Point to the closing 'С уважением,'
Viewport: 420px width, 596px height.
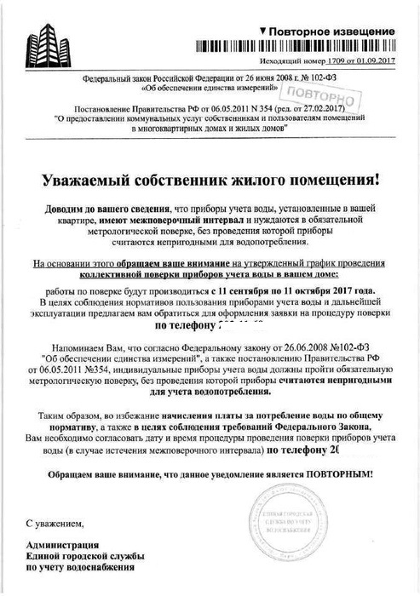pos(54,521)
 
